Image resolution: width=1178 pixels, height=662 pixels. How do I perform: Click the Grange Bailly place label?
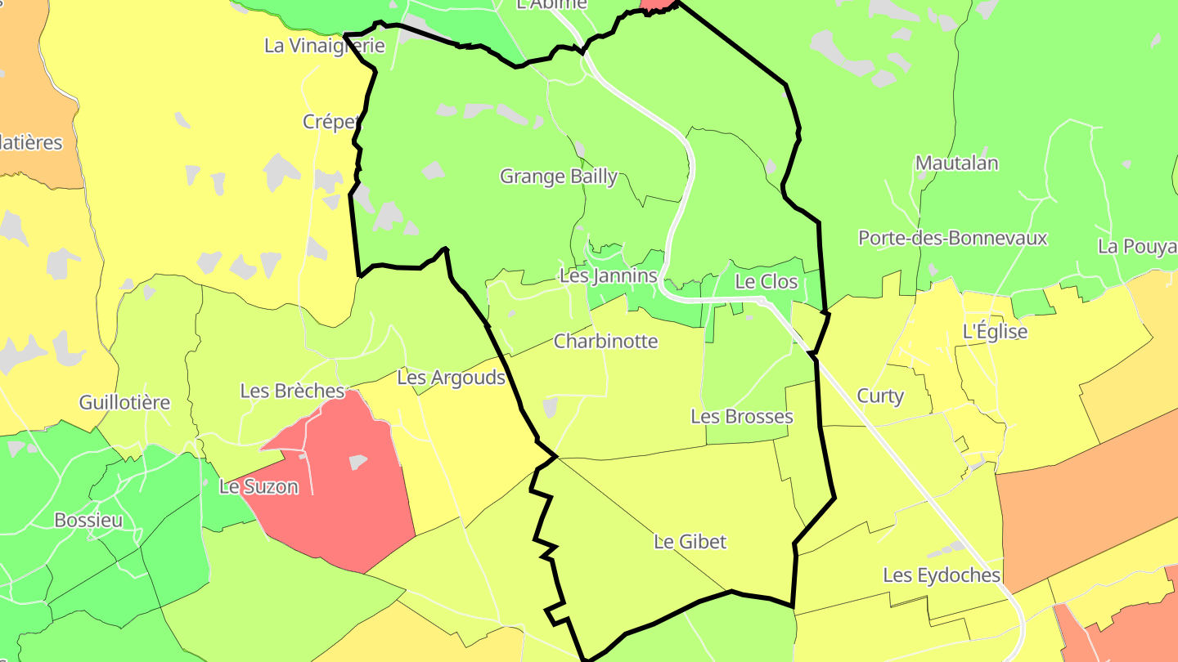pos(558,177)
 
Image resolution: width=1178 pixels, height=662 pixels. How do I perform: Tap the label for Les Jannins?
pos(608,276)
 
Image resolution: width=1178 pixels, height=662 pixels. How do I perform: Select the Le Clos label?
pos(766,282)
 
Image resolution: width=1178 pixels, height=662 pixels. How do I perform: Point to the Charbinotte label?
pos(605,341)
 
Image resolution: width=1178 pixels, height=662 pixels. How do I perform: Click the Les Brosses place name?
pos(741,417)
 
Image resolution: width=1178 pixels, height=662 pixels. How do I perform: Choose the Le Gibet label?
pos(690,542)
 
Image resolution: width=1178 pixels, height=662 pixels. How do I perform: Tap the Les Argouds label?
pos(451,378)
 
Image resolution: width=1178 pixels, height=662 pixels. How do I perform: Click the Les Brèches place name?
pos(292,391)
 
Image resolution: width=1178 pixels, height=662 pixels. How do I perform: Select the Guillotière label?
pos(124,402)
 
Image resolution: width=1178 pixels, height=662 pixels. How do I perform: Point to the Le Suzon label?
pos(259,487)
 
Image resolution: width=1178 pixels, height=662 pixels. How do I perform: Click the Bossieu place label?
pos(88,521)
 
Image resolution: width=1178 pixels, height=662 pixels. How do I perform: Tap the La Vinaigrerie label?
pos(324,46)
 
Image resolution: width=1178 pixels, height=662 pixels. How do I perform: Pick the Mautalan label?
pos(956,163)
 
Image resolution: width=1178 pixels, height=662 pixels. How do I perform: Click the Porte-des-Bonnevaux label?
pos(952,239)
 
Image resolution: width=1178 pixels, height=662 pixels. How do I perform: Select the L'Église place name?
pos(995,332)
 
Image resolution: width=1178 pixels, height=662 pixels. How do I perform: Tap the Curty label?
pos(880,396)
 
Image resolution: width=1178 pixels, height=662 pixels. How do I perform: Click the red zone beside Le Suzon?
pos(344,507)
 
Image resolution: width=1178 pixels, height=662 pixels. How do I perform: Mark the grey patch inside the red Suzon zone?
pos(358,463)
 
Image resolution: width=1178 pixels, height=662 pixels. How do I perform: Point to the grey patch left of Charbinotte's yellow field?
pos(550,406)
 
